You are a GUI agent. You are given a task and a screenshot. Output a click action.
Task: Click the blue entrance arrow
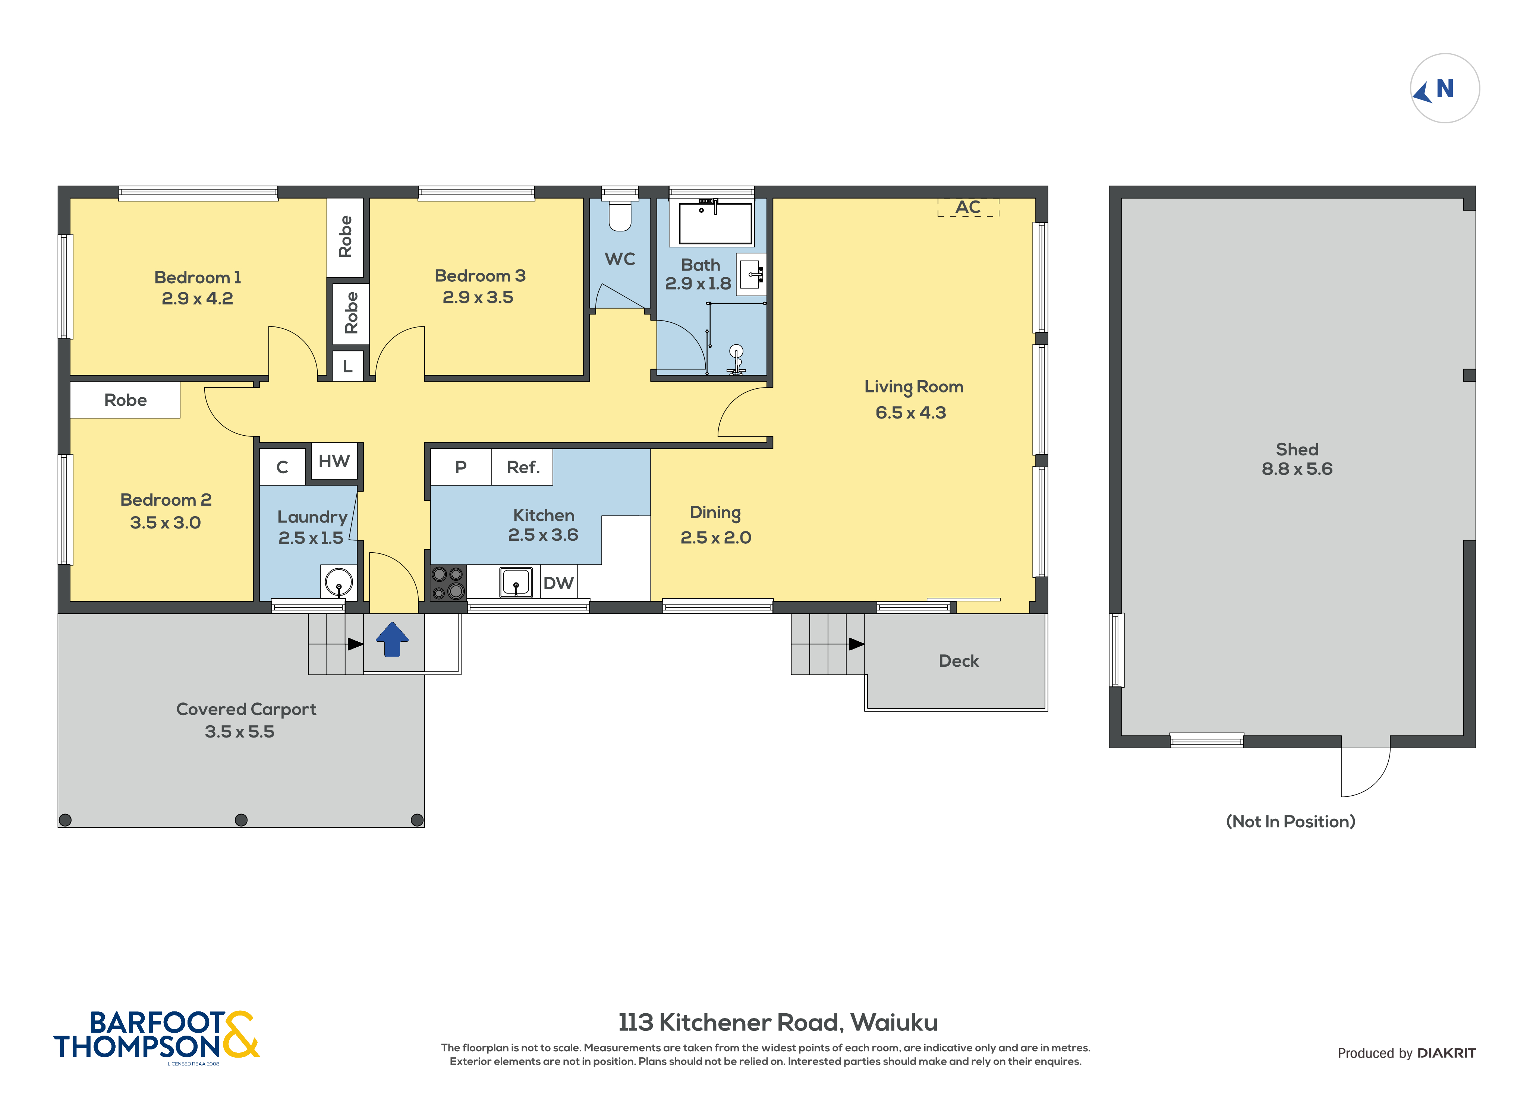pos(392,639)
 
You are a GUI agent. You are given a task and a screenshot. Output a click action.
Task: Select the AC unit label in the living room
pos(968,207)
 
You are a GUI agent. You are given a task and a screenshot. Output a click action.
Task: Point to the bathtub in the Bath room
pos(715,222)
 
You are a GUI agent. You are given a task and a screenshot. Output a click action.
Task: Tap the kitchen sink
pos(516,582)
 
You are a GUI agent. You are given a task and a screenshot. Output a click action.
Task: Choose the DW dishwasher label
pos(558,583)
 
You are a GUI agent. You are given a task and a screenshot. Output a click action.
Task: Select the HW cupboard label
pos(334,461)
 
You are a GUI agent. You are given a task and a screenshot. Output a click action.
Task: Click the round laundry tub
pos(339,581)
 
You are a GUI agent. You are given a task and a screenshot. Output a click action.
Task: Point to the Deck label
pos(958,661)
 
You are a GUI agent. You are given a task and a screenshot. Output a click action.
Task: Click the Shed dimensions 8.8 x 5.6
pos(1297,469)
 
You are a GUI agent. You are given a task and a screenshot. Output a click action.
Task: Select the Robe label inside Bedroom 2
pos(125,400)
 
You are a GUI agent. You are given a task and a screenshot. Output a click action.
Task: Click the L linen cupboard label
pos(348,366)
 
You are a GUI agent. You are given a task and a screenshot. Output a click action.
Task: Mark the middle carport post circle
pos(241,820)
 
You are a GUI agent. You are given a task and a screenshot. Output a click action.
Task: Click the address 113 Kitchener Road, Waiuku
pos(778,1023)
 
